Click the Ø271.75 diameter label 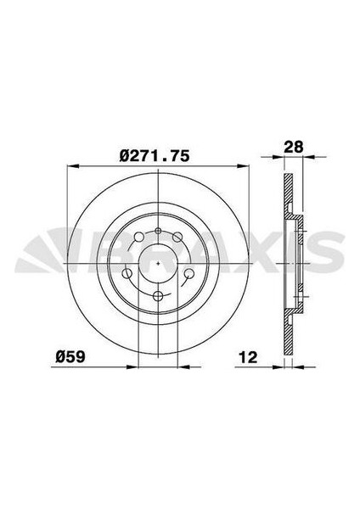155,156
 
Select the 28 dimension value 294,147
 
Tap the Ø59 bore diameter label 70,357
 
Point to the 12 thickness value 248,357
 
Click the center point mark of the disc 158,263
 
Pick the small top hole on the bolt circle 158,231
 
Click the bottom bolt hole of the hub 158,296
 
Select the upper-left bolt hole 138,238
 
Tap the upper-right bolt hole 177,238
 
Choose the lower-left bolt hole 127,273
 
